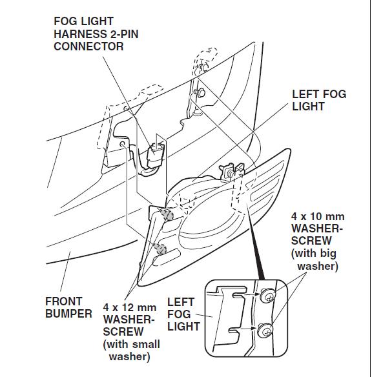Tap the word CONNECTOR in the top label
point(88,46)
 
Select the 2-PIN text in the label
point(124,34)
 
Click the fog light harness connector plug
point(156,154)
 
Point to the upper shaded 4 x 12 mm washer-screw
point(167,214)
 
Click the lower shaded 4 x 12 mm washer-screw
point(160,249)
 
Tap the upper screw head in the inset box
point(267,296)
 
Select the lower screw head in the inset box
point(265,331)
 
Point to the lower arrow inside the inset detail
point(248,328)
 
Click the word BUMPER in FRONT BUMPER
point(68,314)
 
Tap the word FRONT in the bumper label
point(64,301)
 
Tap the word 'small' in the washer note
point(146,344)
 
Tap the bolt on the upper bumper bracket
point(200,92)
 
